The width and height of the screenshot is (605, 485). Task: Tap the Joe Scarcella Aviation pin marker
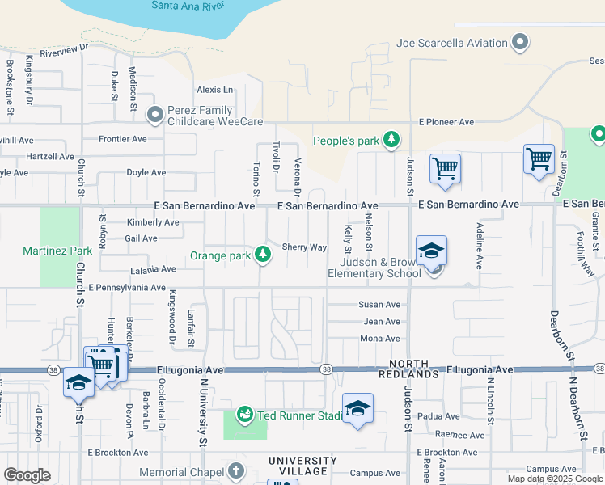tap(522, 42)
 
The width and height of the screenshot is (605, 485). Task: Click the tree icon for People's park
tap(391, 141)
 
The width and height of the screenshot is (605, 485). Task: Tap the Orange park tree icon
tap(263, 255)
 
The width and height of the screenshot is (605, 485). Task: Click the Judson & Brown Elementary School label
tap(374, 268)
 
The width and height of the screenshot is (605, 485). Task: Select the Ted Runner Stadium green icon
tap(245, 415)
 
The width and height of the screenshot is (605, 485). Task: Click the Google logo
tap(27, 475)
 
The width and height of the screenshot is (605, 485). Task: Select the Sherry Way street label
tap(304, 247)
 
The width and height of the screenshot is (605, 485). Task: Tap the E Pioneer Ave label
tap(446, 122)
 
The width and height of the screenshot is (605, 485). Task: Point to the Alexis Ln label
tap(214, 90)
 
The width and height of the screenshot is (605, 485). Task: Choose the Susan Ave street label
tap(379, 305)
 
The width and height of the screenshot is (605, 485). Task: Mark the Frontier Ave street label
tap(123, 139)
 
